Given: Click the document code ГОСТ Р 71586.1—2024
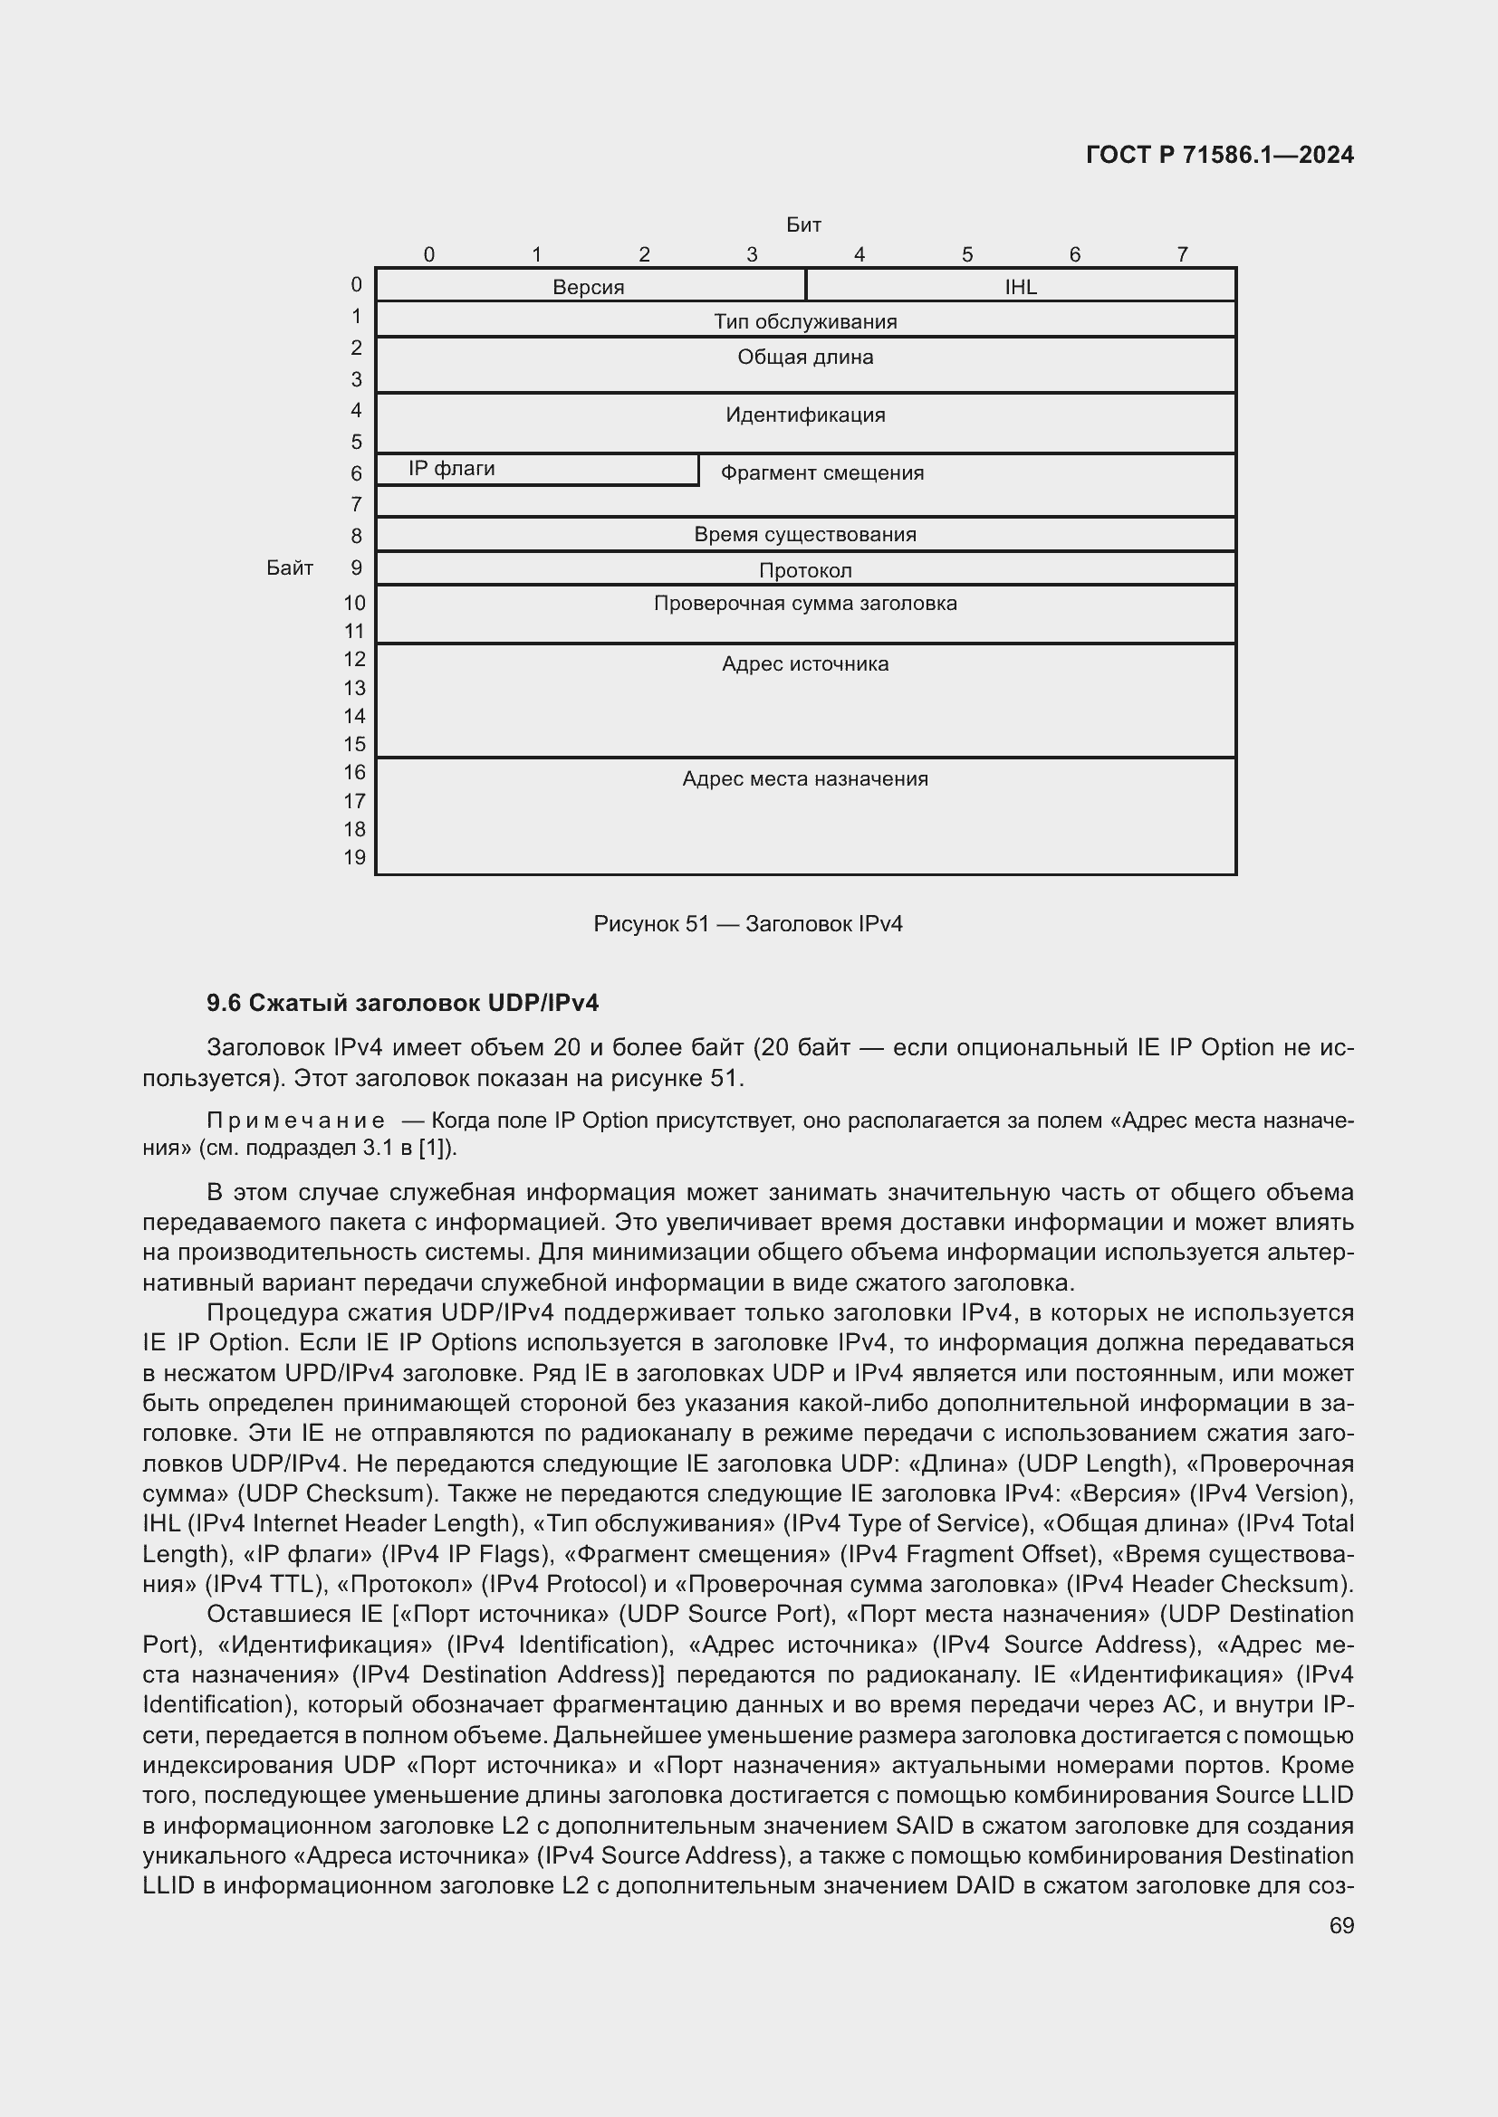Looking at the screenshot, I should click(1218, 155).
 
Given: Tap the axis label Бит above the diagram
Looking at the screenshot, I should click(803, 225).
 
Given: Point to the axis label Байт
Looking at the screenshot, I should click(290, 568).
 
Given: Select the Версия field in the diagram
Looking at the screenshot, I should click(589, 287).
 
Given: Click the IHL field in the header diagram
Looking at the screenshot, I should click(1020, 287).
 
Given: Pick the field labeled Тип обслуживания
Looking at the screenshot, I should click(805, 322).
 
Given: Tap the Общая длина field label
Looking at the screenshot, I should click(805, 358).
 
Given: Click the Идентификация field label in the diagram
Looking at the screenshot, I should click(805, 415).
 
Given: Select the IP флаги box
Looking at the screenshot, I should click(452, 470).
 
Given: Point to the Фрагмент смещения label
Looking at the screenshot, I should click(821, 473).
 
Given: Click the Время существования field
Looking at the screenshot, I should click(805, 535).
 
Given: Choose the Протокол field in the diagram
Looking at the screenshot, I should click(805, 570).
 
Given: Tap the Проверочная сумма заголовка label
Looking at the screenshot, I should click(805, 604).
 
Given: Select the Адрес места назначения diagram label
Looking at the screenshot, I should click(805, 779).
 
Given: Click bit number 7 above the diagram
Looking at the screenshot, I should click(1182, 254).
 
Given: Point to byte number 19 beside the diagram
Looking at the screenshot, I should click(355, 857).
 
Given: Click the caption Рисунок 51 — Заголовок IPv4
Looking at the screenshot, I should click(748, 924).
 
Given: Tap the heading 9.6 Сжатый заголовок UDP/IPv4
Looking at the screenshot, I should click(403, 1003).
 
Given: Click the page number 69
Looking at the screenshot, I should click(1341, 1925).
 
